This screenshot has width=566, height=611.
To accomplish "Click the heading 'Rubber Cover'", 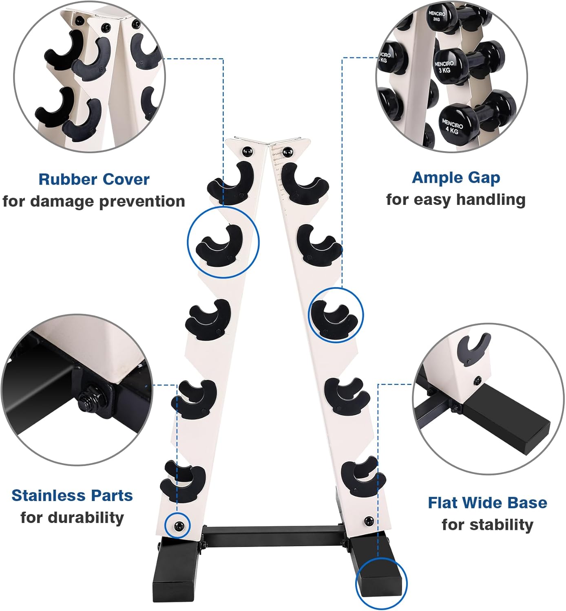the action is coord(94,179).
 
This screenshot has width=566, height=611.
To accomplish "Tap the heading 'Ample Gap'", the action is coord(455,178).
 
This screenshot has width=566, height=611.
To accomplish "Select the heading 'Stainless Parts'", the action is coord(72,495).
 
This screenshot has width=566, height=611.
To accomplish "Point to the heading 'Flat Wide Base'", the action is coord(487,503).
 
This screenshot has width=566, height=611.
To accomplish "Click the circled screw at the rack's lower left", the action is coord(178,526).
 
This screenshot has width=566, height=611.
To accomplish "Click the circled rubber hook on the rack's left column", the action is coord(222,244).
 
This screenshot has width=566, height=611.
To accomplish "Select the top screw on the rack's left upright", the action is coord(247,152).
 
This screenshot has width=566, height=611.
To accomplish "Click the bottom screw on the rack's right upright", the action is coord(369,521).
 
